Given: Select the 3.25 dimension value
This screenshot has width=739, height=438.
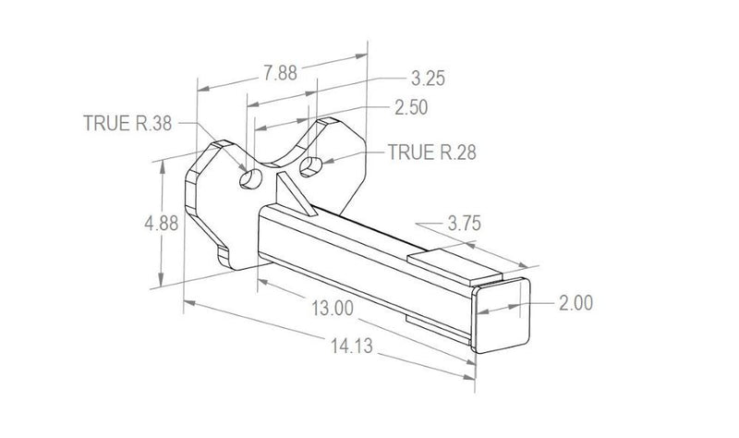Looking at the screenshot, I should pyautogui.click(x=428, y=79).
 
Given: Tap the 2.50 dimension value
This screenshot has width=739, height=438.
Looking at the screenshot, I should pyautogui.click(x=411, y=108).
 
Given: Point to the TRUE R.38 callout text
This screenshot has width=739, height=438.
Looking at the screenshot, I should pyautogui.click(x=127, y=122).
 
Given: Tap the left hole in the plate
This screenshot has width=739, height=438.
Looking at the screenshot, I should pyautogui.click(x=248, y=177).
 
